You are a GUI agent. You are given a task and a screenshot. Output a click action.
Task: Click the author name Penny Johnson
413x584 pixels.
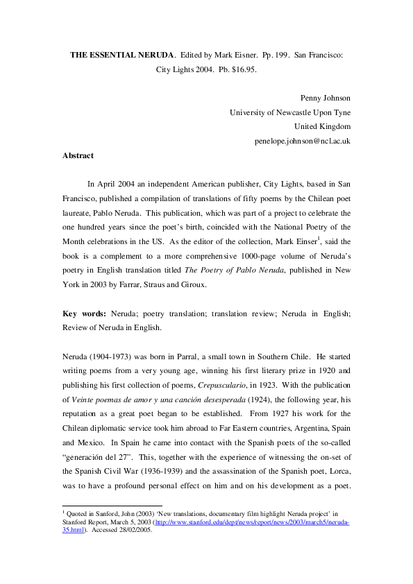(x=326, y=98)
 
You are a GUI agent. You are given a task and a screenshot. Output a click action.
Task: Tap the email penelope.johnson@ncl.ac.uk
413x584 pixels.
(x=303, y=141)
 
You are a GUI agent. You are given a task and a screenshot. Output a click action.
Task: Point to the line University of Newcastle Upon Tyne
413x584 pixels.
(x=290, y=112)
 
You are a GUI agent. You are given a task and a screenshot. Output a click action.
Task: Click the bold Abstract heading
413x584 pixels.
(x=78, y=156)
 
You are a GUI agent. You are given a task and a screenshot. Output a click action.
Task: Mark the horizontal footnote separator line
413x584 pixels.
(x=112, y=506)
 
